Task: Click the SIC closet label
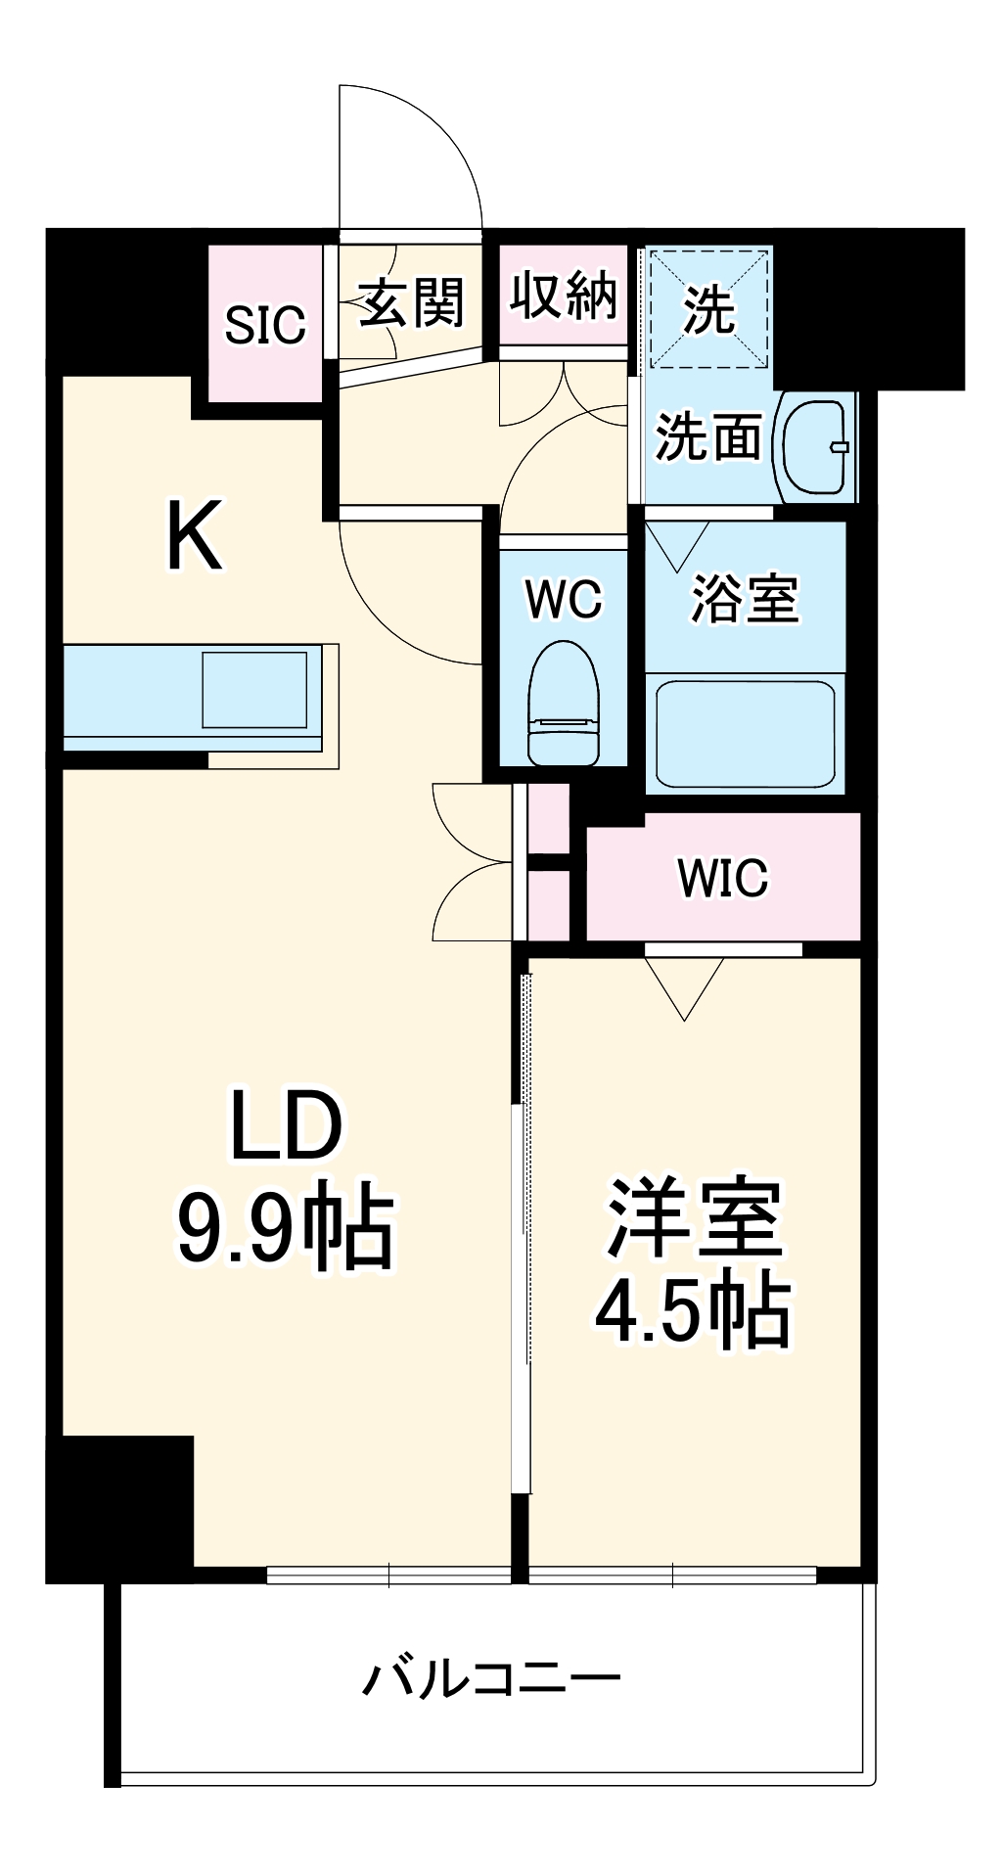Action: [265, 325]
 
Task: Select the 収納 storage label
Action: [564, 295]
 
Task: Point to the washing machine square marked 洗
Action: [708, 309]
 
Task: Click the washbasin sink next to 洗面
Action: [814, 447]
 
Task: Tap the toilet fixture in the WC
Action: [564, 702]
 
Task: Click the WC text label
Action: [564, 599]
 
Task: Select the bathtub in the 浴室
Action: [745, 733]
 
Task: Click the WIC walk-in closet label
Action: [723, 878]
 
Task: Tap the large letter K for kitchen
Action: [195, 535]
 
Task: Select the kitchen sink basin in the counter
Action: [260, 691]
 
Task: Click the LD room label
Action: [286, 1125]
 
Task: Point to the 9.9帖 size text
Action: [286, 1229]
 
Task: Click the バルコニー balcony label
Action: [491, 1679]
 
